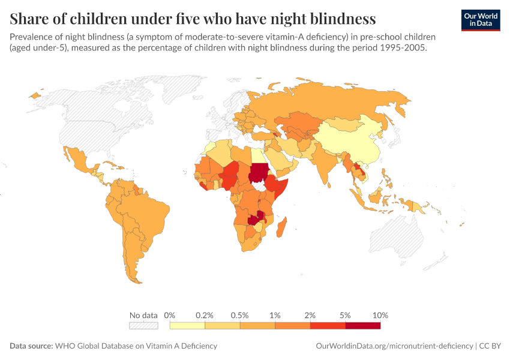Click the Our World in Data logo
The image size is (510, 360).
[x=480, y=20]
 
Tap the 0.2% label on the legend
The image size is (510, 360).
[x=205, y=315]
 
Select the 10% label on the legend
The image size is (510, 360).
[x=380, y=315]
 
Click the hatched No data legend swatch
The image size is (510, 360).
[x=143, y=325]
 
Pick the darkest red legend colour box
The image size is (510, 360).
[x=362, y=325]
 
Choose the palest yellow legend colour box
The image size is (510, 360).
[x=187, y=325]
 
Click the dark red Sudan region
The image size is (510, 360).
[x=258, y=173]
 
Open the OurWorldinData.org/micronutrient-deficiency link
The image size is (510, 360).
[x=393, y=346]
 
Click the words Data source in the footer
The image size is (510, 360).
[x=31, y=346]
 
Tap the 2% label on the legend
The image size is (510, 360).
[x=310, y=315]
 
